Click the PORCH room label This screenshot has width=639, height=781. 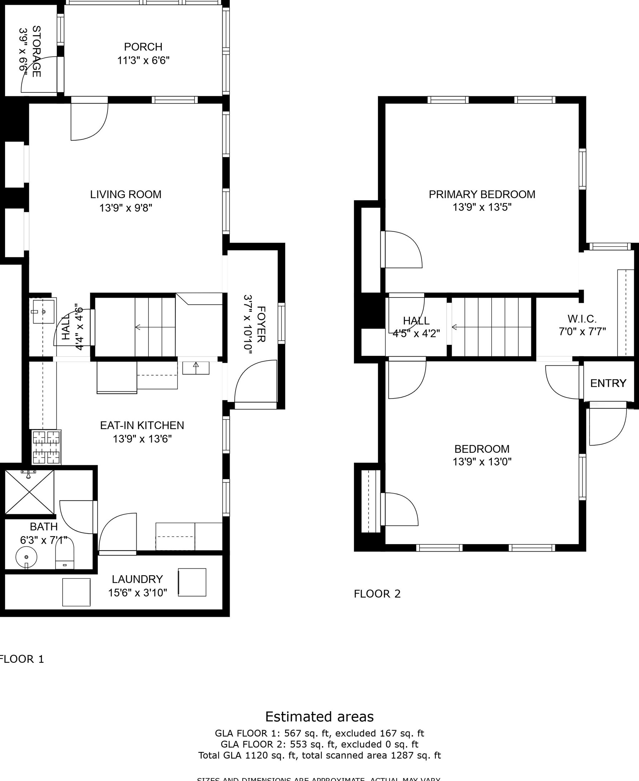[143, 47]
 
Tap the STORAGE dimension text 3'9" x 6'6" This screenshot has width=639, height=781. [23, 52]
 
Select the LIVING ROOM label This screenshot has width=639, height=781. [126, 194]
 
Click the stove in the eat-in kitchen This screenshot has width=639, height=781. [46, 447]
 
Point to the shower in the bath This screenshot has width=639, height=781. [29, 492]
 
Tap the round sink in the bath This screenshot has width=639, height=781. [26, 557]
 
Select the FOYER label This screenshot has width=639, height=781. [261, 324]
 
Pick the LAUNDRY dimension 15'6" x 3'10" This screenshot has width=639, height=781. [137, 592]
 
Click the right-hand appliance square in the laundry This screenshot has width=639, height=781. [192, 582]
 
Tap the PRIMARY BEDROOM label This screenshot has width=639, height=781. [482, 194]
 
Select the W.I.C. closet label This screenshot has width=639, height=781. [582, 319]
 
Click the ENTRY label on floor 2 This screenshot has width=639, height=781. [608, 383]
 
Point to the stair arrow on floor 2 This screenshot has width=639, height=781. [454, 327]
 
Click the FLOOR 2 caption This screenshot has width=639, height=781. [377, 594]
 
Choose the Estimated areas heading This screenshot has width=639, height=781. [319, 716]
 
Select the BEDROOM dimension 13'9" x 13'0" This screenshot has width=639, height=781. [482, 462]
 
